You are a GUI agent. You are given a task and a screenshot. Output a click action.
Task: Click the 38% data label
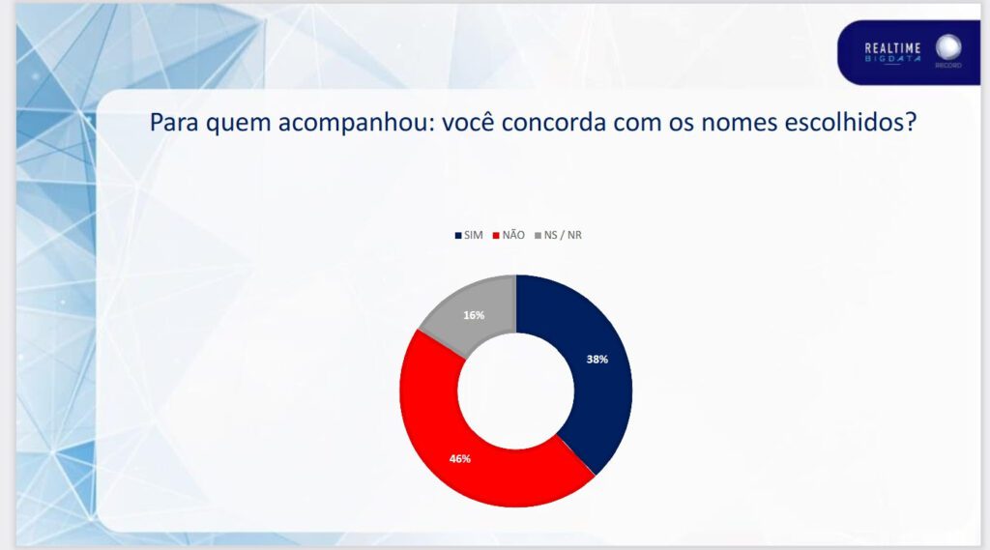click(597, 360)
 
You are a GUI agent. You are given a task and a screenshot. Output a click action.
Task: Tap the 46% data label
click(459, 459)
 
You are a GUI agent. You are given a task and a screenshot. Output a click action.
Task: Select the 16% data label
click(474, 315)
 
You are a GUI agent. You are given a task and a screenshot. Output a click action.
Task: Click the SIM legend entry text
click(473, 235)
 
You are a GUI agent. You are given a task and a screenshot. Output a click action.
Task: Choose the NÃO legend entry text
click(513, 235)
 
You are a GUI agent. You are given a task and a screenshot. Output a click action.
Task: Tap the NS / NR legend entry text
click(563, 235)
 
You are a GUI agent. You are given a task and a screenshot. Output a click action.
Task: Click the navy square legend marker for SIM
click(458, 236)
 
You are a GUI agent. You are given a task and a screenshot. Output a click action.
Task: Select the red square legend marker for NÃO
click(496, 236)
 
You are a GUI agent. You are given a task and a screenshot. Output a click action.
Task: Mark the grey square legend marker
click(538, 236)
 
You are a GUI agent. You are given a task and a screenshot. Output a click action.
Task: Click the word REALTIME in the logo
click(892, 48)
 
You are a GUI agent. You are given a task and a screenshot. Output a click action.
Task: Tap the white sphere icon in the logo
click(948, 47)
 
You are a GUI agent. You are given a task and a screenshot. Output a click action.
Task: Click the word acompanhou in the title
click(356, 122)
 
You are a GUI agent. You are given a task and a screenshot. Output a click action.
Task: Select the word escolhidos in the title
click(850, 122)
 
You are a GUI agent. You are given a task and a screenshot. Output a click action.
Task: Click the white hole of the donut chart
click(516, 391)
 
